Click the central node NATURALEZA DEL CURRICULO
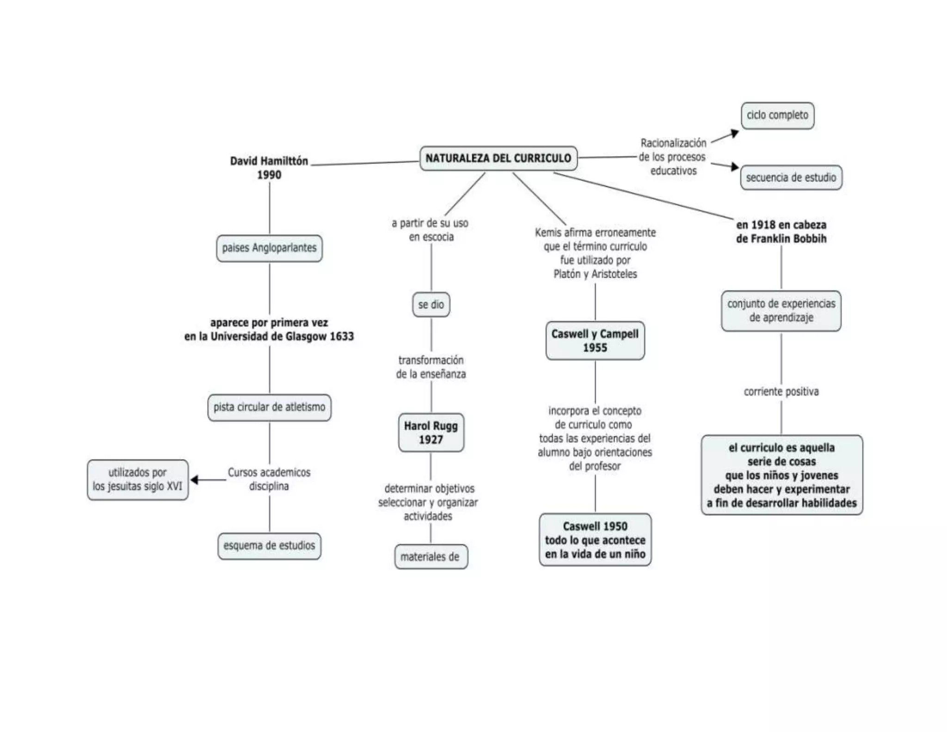tap(498, 158)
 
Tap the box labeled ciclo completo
tap(777, 115)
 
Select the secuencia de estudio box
tap(791, 178)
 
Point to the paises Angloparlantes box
tap(269, 248)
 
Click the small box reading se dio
tap(431, 304)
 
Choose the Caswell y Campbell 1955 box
tap(595, 341)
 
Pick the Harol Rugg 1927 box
tap(431, 433)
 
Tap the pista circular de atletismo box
tap(269, 407)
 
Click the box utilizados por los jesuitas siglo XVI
tap(137, 479)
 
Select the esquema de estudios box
tap(269, 546)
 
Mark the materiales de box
tap(430, 557)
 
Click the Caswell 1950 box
tap(595, 540)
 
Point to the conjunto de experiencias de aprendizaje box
tap(781, 310)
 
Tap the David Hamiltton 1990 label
tap(269, 167)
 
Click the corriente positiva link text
tap(781, 391)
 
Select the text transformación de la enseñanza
tap(431, 367)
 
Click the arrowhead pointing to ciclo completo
tap(734, 133)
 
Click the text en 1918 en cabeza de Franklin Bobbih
tap(781, 231)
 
